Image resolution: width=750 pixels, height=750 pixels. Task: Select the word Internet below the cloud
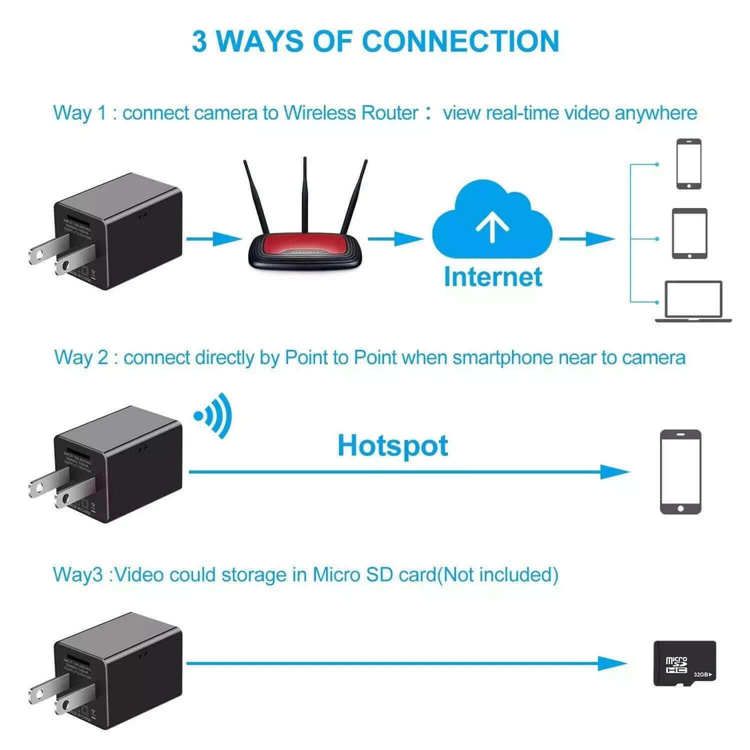point(493,277)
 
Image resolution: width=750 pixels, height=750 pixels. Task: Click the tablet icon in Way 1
point(689,233)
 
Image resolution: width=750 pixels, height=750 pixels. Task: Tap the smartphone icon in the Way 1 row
point(689,164)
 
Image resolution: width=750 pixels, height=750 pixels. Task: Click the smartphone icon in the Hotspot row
point(680,471)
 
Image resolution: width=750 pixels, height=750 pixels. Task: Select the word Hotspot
point(393,446)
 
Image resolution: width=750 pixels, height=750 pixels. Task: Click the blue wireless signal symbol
point(214,416)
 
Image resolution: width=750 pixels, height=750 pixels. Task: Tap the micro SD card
point(685,663)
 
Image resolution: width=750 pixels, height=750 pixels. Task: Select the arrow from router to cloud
point(395,239)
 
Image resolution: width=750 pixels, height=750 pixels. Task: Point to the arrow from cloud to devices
point(587,239)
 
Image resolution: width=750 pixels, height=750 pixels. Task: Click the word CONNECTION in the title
point(461,41)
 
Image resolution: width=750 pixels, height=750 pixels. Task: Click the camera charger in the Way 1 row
point(116,232)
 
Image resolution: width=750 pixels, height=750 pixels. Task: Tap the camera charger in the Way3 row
point(116,672)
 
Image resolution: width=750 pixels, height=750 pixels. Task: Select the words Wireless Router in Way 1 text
point(350,112)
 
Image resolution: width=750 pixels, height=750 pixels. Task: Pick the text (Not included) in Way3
point(497,575)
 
